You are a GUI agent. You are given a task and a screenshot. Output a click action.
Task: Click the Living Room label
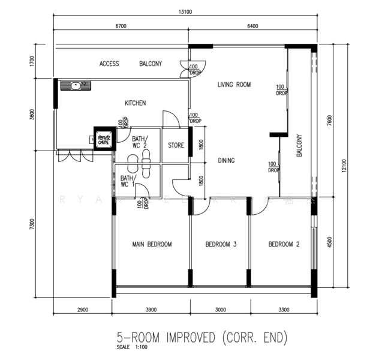click(x=233, y=85)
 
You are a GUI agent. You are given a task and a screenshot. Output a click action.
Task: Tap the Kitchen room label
click(x=135, y=103)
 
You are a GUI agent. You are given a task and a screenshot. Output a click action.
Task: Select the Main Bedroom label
click(x=152, y=244)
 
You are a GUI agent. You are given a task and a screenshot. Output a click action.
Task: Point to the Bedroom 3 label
click(x=221, y=244)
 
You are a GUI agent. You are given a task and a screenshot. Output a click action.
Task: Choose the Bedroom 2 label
click(x=284, y=244)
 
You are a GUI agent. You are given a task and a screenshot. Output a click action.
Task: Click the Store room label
click(x=176, y=145)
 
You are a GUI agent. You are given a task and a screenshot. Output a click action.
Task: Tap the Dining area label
click(x=226, y=160)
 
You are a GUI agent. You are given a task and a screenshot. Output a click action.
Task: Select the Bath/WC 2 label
click(x=139, y=141)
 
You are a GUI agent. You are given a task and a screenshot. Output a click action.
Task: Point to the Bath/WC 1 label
click(x=128, y=181)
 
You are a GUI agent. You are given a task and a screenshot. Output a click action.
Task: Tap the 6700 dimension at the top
click(x=121, y=26)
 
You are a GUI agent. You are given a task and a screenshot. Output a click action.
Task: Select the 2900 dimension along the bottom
click(x=83, y=310)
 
